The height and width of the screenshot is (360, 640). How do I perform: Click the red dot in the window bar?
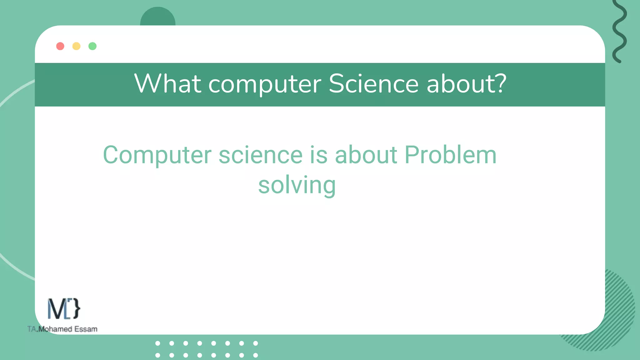pos(60,46)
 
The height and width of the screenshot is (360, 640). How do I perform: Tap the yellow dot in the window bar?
pos(76,46)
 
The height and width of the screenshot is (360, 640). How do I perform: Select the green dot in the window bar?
pos(92,46)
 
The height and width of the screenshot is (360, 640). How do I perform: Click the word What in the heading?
pos(168,84)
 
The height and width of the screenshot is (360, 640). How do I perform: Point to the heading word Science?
pos(373,84)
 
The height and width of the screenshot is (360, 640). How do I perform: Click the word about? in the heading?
pos(466,84)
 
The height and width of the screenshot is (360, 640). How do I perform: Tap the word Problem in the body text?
pos(450,155)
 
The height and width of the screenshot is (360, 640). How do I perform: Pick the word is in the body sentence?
pos(319,155)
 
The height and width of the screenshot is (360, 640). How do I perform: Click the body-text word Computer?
pos(157,156)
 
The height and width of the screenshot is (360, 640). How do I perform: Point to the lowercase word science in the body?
pos(261,155)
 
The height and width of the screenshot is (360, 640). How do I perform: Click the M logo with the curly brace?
pos(64,309)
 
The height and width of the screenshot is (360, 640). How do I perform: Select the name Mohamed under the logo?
pos(55,329)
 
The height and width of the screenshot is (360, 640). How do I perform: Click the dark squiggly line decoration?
pos(619,31)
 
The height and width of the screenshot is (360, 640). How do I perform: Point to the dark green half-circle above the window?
pos(158,17)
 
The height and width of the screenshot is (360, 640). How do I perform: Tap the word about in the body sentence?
pos(366,155)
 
